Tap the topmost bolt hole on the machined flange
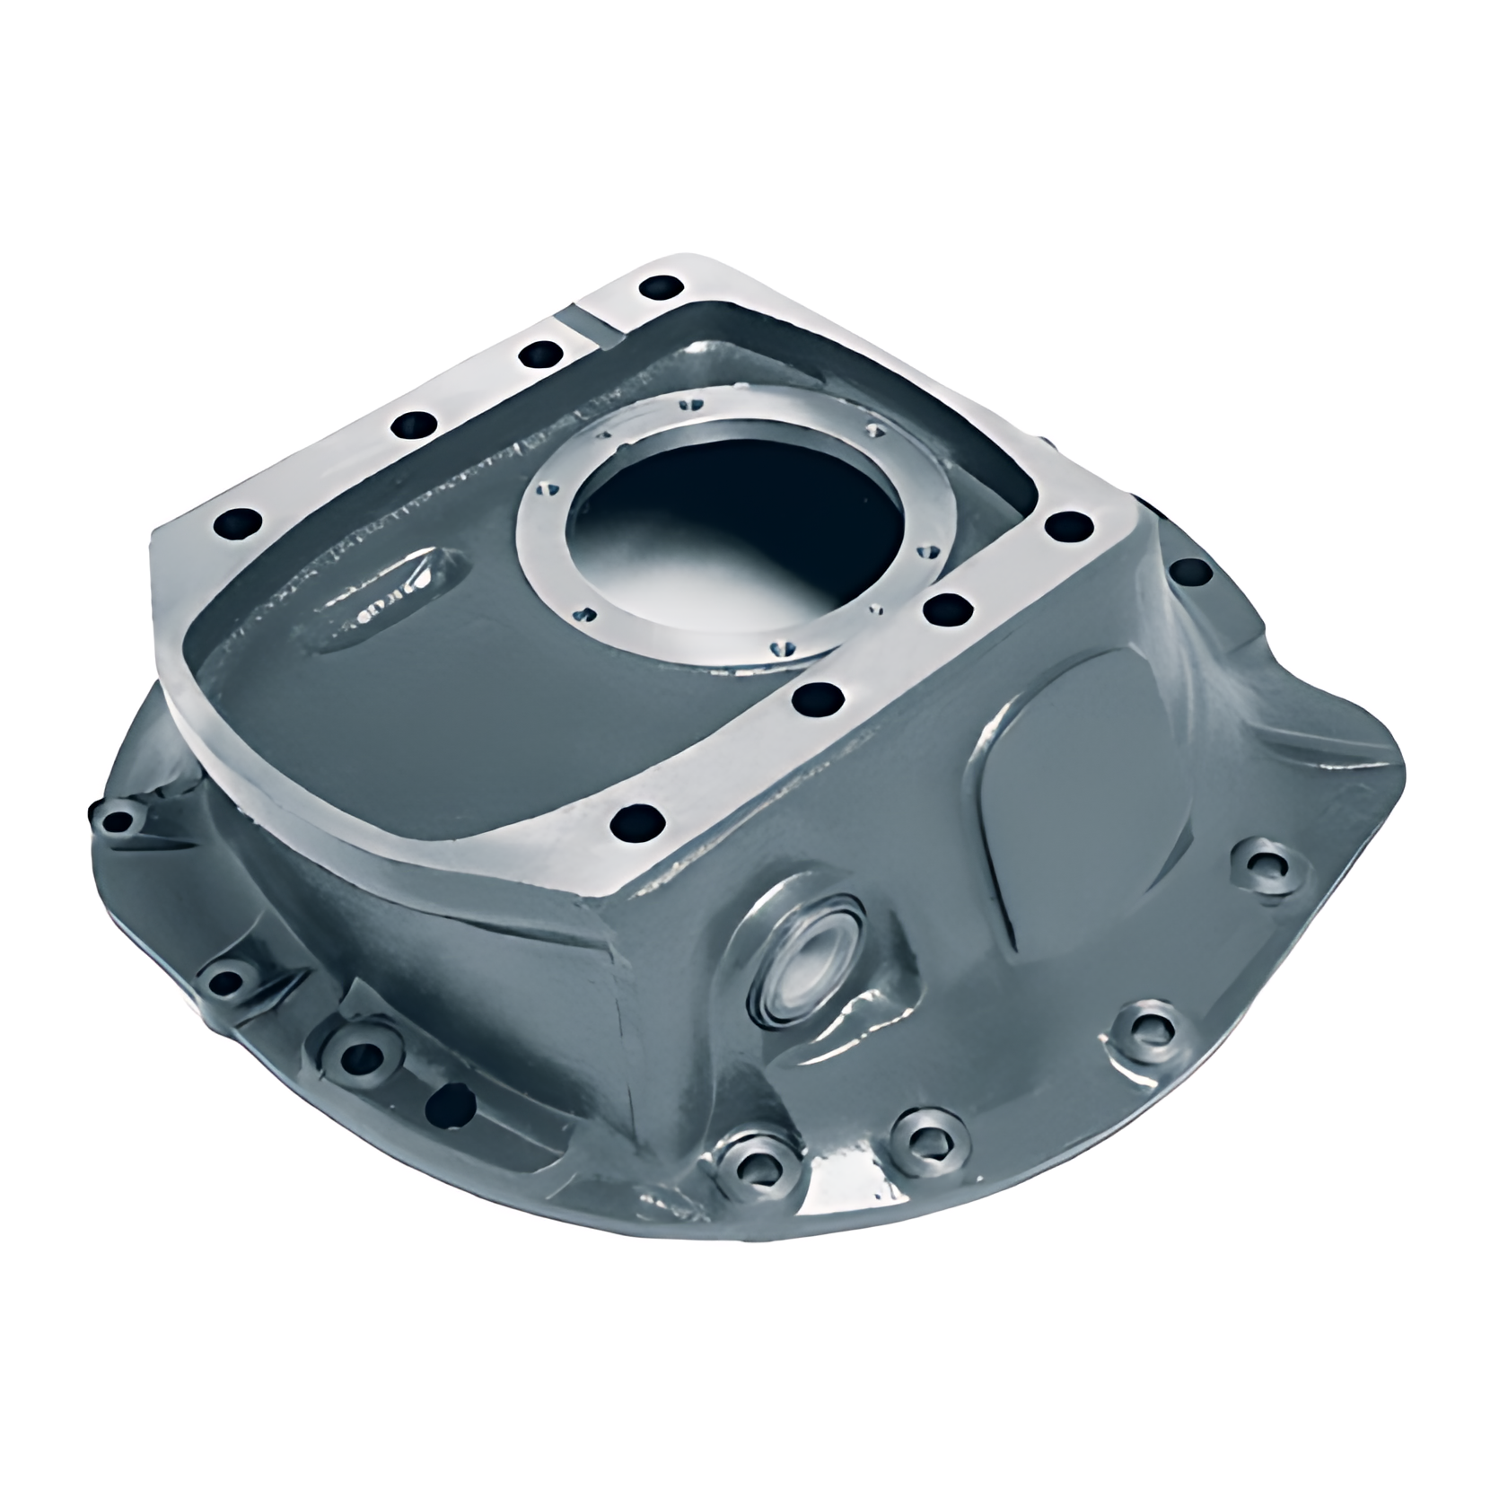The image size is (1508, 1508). tap(662, 288)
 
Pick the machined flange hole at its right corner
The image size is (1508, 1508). tap(1065, 525)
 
